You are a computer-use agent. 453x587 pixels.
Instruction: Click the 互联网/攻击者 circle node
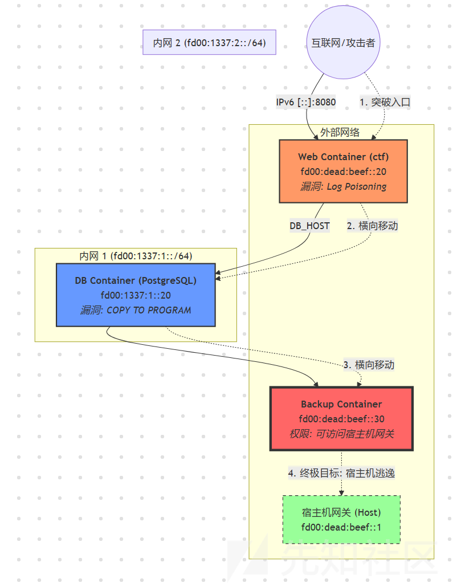pos(343,42)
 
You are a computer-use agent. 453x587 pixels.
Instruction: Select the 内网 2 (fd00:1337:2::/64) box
pos(209,42)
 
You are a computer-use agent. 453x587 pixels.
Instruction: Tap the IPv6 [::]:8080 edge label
pos(306,102)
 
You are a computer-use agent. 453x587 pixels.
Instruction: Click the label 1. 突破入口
pos(385,102)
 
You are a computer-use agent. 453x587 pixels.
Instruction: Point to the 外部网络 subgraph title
pos(340,132)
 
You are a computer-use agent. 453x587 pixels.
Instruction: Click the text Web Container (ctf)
pos(343,157)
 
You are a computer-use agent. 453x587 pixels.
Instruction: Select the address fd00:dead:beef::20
pos(343,172)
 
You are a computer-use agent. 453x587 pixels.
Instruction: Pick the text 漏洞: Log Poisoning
pos(343,186)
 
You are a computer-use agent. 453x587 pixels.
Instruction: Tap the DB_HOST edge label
pos(309,226)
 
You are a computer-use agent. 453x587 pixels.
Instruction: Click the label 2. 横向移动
pos(373,226)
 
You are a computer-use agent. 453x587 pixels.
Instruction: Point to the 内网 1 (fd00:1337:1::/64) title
pos(136,256)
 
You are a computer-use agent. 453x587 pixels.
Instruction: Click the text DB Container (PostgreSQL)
pos(136,280)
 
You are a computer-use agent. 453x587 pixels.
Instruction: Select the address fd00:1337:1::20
pos(136,295)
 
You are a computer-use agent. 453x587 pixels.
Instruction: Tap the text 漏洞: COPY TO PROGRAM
pos(136,311)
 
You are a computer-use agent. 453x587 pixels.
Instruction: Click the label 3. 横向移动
pos(369,365)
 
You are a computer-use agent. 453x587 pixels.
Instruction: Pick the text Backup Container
pos(341,404)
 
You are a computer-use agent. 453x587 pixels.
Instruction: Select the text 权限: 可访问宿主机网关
pos(341,434)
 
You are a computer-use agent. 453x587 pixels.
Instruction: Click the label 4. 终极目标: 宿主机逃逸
pos(341,473)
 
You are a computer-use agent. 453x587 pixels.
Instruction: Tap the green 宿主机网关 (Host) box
pos(341,520)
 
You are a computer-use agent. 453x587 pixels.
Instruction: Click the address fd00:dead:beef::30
pos(341,419)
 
